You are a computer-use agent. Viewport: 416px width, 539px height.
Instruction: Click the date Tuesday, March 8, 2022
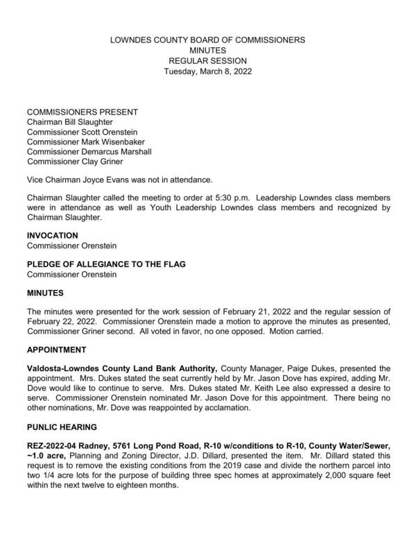(x=208, y=71)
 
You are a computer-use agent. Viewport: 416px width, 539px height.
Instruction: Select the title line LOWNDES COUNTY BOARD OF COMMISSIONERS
(x=208, y=40)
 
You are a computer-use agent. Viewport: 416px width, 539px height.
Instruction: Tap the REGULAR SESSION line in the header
(x=208, y=61)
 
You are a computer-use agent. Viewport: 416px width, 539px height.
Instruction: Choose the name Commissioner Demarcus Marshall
(x=89, y=152)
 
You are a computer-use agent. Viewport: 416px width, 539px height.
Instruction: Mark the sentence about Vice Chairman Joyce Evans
(x=114, y=179)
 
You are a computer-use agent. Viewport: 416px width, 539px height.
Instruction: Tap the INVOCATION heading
(x=52, y=236)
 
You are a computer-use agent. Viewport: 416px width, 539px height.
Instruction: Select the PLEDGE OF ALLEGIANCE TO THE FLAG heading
(x=105, y=264)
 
